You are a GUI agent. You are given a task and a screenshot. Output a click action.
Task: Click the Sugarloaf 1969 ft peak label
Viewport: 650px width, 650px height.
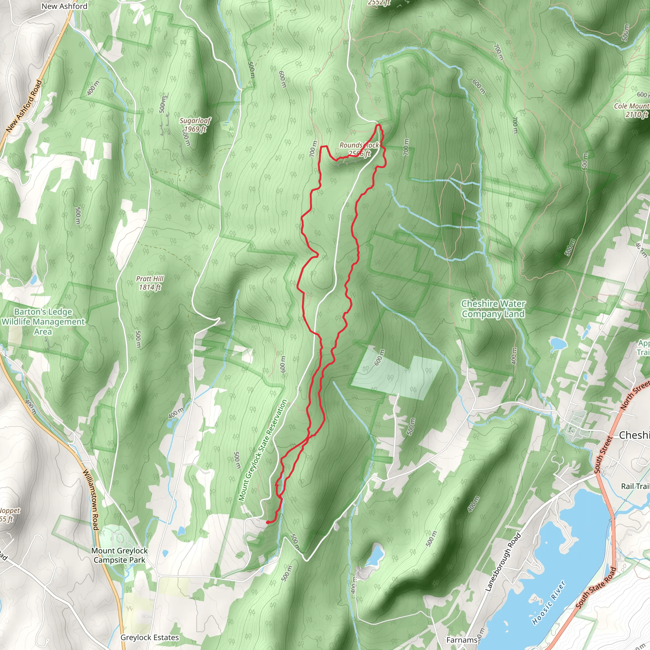coord(195,125)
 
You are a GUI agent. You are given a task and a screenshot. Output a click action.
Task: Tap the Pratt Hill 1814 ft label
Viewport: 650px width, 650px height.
coord(150,283)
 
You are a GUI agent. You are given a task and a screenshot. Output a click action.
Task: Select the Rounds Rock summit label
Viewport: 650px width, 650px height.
coord(359,149)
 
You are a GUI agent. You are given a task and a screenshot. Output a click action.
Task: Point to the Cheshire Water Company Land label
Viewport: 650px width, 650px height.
coord(493,309)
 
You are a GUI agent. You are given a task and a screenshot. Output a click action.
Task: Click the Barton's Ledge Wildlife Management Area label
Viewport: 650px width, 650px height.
coord(43,322)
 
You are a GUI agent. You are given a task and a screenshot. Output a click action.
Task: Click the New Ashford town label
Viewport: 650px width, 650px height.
coord(64,6)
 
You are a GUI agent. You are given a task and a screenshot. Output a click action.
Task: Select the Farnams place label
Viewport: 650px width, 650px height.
coord(462,640)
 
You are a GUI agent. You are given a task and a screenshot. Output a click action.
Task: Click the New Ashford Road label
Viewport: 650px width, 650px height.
coord(24,106)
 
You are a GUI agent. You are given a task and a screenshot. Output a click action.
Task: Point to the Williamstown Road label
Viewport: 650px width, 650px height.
coord(91,500)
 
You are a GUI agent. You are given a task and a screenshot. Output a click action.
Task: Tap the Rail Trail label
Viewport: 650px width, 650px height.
coord(635,486)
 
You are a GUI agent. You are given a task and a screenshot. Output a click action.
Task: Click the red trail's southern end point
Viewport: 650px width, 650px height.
coord(268,522)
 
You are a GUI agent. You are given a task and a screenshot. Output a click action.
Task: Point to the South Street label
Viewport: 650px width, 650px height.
coord(604,454)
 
